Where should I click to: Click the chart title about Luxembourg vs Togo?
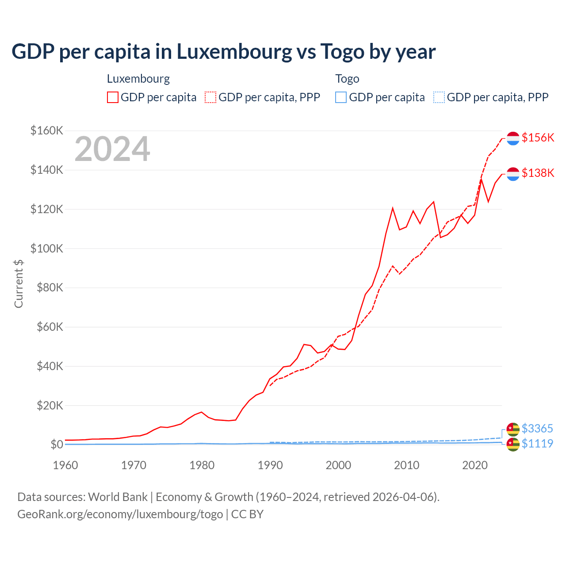click(223, 52)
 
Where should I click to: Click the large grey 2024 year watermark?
click(112, 149)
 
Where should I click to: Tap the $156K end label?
click(538, 138)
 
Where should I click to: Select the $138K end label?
click(538, 173)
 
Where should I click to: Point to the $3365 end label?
click(537, 428)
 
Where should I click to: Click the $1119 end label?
click(537, 444)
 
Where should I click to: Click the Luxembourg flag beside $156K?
click(513, 138)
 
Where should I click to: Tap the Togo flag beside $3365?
click(513, 429)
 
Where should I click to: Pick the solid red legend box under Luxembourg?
click(113, 97)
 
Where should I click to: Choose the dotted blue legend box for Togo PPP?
click(439, 97)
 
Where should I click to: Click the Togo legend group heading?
click(347, 79)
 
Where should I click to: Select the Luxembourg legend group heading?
click(138, 79)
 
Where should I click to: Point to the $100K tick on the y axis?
click(47, 249)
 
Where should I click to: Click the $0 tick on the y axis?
click(57, 444)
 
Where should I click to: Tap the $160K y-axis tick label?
click(47, 131)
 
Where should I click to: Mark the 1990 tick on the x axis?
click(270, 465)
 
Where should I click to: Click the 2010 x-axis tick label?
click(406, 465)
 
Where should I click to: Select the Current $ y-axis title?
click(19, 284)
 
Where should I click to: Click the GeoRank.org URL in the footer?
click(120, 514)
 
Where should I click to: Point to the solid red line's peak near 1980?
click(202, 412)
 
